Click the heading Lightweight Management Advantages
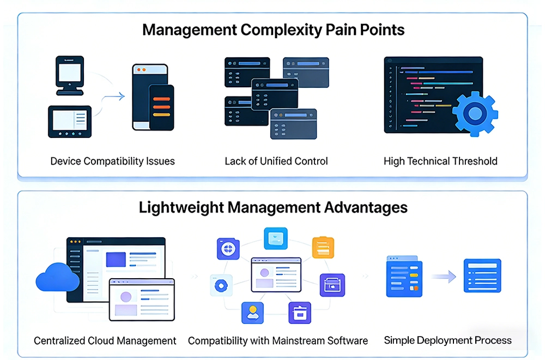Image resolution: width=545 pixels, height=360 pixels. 273,207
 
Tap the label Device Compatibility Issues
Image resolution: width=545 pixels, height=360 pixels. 112,161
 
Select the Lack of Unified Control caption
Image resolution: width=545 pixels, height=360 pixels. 276,161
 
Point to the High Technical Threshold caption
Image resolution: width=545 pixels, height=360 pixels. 440,161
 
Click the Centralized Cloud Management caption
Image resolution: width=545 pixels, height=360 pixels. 105,340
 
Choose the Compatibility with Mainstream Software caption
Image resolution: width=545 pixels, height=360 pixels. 278,340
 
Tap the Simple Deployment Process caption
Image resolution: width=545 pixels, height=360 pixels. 447,340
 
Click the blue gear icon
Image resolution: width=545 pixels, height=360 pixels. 475,114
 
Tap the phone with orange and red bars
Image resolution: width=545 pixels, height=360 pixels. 161,107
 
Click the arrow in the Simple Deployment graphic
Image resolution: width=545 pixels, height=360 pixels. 444,277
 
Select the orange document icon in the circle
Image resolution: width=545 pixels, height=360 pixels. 323,247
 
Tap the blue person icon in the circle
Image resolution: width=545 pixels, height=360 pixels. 252,313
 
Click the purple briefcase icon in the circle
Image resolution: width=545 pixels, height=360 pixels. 331,285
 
